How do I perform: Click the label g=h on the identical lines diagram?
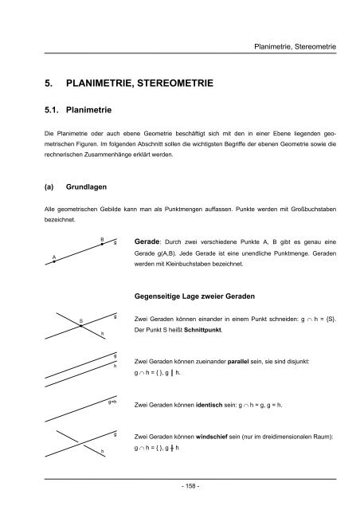click(x=112, y=403)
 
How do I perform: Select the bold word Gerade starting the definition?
click(x=151, y=241)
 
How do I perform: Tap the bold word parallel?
click(x=248, y=361)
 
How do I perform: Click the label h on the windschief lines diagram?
click(x=102, y=452)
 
